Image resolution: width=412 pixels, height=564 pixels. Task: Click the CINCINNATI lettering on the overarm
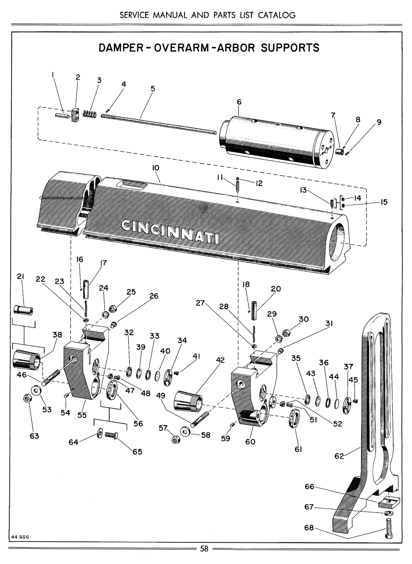(171, 230)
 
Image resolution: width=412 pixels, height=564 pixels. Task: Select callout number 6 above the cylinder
(238, 102)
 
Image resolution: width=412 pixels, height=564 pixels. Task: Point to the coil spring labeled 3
(89, 114)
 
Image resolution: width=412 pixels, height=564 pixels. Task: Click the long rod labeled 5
(159, 124)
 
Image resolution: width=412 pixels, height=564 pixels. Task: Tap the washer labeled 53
(35, 391)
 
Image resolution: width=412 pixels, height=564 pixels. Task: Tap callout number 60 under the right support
(250, 441)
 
